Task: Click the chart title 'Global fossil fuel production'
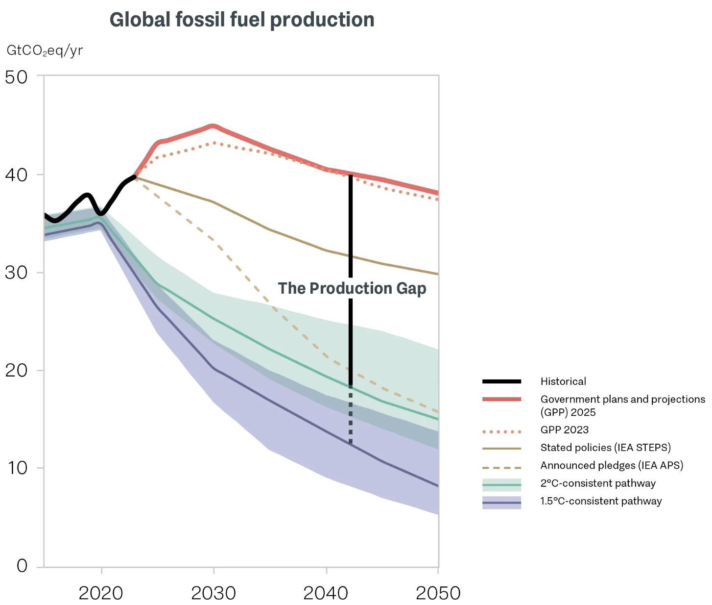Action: pos(242,20)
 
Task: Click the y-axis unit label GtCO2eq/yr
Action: pos(45,50)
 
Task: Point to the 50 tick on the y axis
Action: pos(16,77)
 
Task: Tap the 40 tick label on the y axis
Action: pos(16,175)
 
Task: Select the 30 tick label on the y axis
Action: pos(16,273)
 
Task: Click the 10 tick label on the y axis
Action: pos(18,468)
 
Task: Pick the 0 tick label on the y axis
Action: pos(22,566)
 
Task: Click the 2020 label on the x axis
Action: pos(101,593)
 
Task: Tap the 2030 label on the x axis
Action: pos(214,593)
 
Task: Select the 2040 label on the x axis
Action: pos(326,593)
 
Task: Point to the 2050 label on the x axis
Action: pos(438,593)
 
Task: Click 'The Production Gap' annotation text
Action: pos(352,288)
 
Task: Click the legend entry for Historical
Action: pos(563,381)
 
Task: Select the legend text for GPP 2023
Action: pos(564,430)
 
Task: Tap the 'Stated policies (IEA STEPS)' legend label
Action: pos(605,448)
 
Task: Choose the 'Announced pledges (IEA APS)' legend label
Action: pos(612,465)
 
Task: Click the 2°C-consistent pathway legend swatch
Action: pos(501,484)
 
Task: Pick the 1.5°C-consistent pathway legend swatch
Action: pos(501,503)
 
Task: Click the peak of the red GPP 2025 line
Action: pos(213,126)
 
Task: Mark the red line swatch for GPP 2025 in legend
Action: pos(501,400)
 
